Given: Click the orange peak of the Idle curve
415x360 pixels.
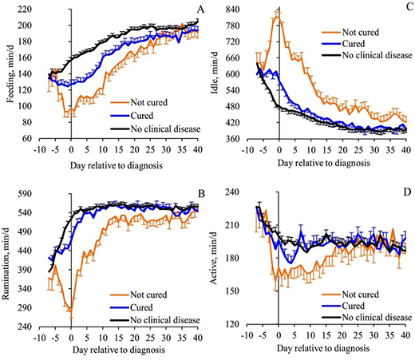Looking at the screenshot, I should tap(277, 14).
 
